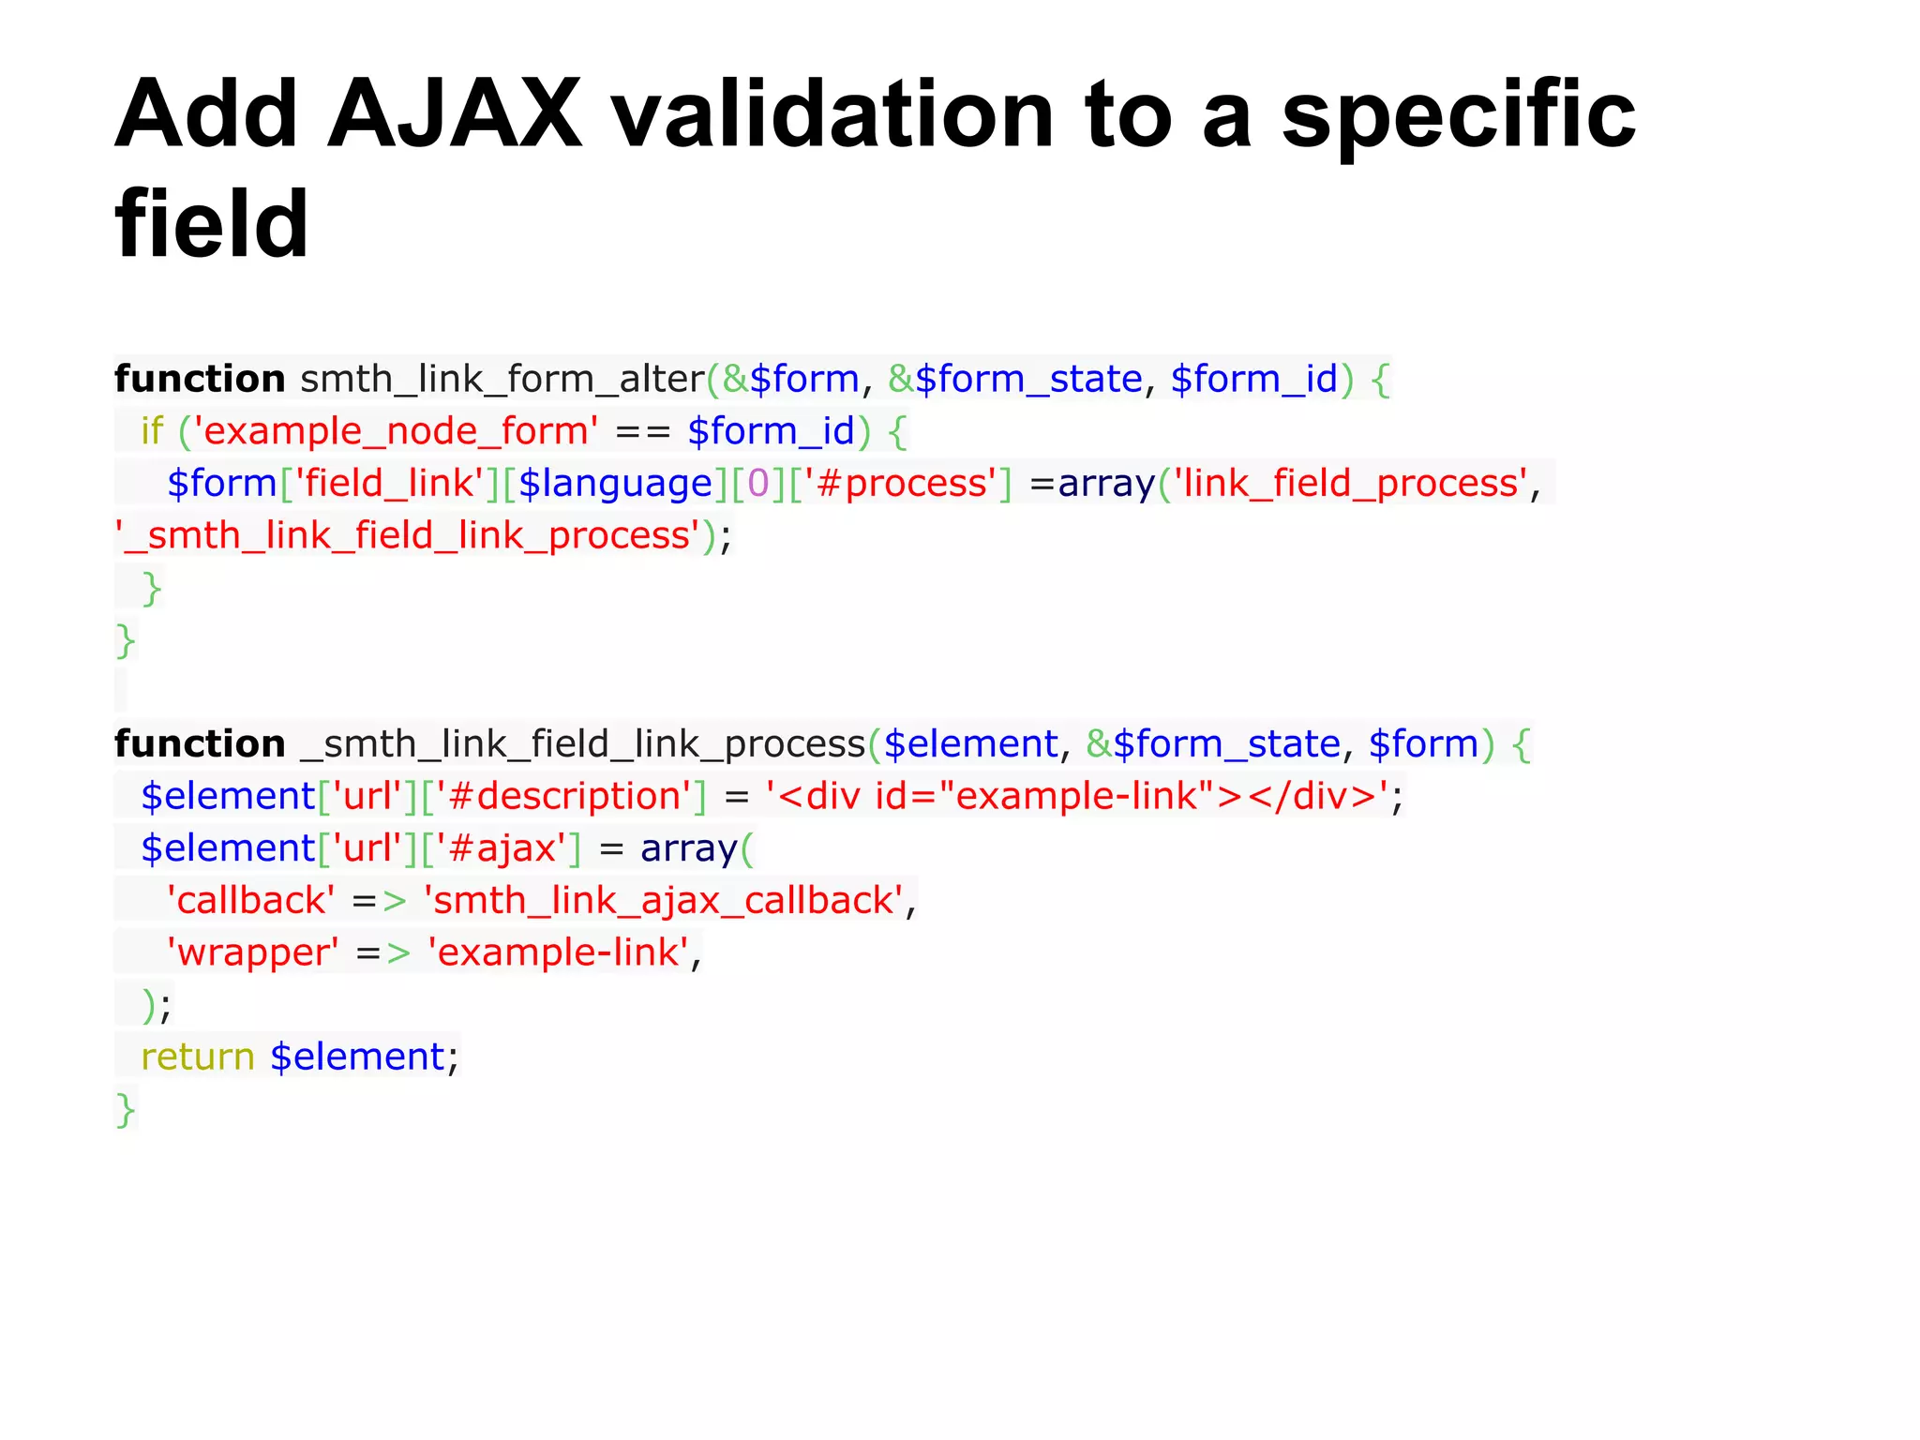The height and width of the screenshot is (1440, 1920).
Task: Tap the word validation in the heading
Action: pyautogui.click(x=833, y=114)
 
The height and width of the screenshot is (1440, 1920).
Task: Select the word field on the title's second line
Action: pyautogui.click(x=212, y=225)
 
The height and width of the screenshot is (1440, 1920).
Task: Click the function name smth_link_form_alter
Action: pyautogui.click(x=502, y=380)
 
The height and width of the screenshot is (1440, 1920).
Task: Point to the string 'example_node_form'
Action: pyautogui.click(x=396, y=431)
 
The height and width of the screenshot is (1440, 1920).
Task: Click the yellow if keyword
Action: pyautogui.click(x=152, y=431)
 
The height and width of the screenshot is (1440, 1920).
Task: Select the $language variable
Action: pyautogui.click(x=615, y=484)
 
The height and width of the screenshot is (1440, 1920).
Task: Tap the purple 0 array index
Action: pyautogui.click(x=757, y=484)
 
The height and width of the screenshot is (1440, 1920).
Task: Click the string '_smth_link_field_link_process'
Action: pyautogui.click(x=407, y=536)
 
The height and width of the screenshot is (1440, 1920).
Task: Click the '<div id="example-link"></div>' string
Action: pyautogui.click(x=1077, y=797)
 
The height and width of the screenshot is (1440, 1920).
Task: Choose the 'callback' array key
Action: pyautogui.click(x=250, y=901)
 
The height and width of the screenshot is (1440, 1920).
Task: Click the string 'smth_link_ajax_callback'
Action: pyautogui.click(x=664, y=901)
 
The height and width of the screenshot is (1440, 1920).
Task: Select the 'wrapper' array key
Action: pyautogui.click(x=252, y=953)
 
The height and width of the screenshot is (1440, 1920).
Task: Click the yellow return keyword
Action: pyautogui.click(x=198, y=1057)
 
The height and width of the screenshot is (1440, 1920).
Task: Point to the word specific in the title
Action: pyautogui.click(x=1458, y=114)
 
